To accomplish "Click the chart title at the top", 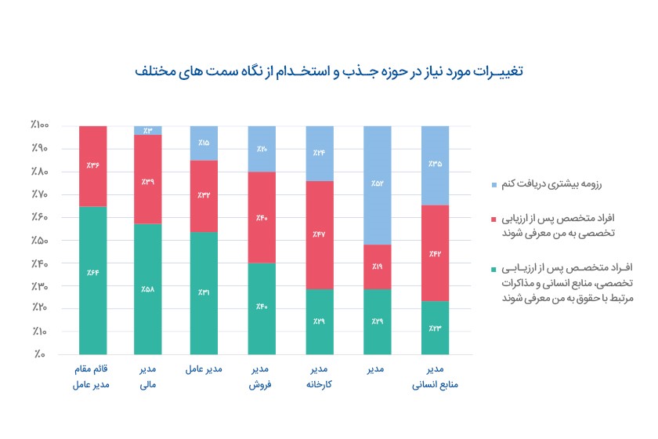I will click(x=329, y=72).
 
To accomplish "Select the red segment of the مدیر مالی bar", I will click(x=148, y=180).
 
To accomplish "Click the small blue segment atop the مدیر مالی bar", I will click(x=148, y=130).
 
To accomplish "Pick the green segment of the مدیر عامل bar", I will click(x=204, y=293).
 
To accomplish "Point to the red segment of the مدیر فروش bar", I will click(x=262, y=217).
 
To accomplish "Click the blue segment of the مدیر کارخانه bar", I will click(x=318, y=153).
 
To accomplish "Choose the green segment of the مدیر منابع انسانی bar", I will click(x=436, y=328).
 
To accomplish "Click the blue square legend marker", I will click(x=493, y=186).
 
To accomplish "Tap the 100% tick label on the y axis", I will click(x=40, y=125).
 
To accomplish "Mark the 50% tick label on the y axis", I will click(x=42, y=240).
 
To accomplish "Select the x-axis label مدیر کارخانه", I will click(x=318, y=376).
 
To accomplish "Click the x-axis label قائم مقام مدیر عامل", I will click(x=93, y=376).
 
